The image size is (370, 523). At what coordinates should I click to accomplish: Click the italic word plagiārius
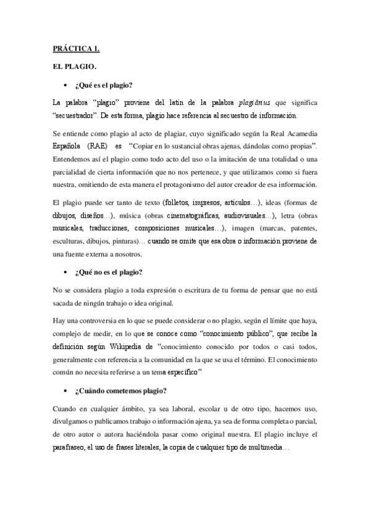(x=253, y=102)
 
